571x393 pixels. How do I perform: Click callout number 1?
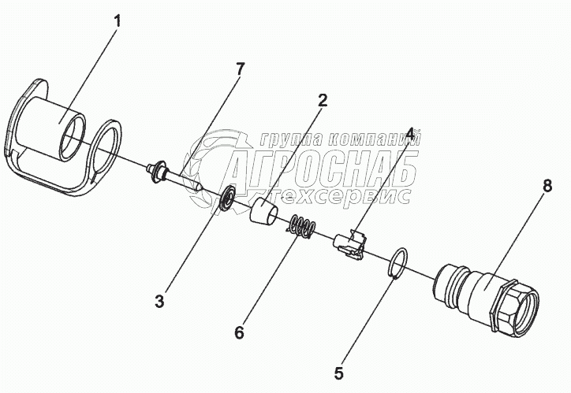[x=118, y=20]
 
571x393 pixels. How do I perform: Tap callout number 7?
[x=240, y=69]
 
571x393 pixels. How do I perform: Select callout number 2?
[x=323, y=100]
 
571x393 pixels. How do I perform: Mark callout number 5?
[x=339, y=373]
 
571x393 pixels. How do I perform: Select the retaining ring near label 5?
[x=400, y=262]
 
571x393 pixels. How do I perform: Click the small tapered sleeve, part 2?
[x=263, y=213]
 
